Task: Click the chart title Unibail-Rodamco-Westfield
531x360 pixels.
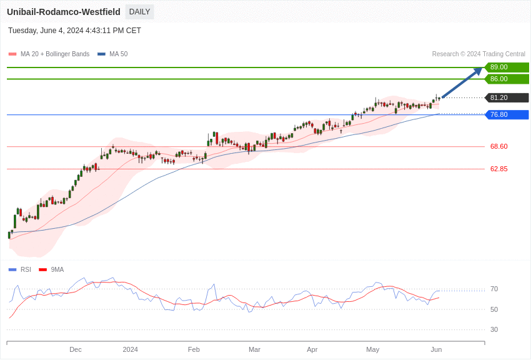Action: (x=64, y=12)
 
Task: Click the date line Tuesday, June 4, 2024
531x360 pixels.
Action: (x=74, y=31)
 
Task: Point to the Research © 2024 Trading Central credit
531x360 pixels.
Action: (x=479, y=54)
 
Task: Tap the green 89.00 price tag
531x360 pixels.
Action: (x=506, y=67)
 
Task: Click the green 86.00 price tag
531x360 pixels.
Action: (x=506, y=79)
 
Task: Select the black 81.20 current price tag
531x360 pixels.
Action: (x=506, y=98)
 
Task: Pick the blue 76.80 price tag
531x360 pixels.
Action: (x=506, y=115)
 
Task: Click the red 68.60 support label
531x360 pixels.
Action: (x=499, y=147)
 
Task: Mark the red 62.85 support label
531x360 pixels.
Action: (x=499, y=169)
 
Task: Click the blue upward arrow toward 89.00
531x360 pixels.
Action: (x=462, y=82)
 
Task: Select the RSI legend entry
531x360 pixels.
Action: (x=25, y=270)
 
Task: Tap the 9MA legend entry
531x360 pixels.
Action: (x=57, y=270)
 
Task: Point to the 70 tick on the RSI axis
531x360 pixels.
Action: (x=494, y=289)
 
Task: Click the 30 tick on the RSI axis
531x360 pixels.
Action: (x=494, y=330)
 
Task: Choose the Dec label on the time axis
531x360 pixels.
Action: (x=76, y=350)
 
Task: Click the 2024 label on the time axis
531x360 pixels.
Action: (x=130, y=350)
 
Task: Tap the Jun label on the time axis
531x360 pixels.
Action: (x=436, y=350)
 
